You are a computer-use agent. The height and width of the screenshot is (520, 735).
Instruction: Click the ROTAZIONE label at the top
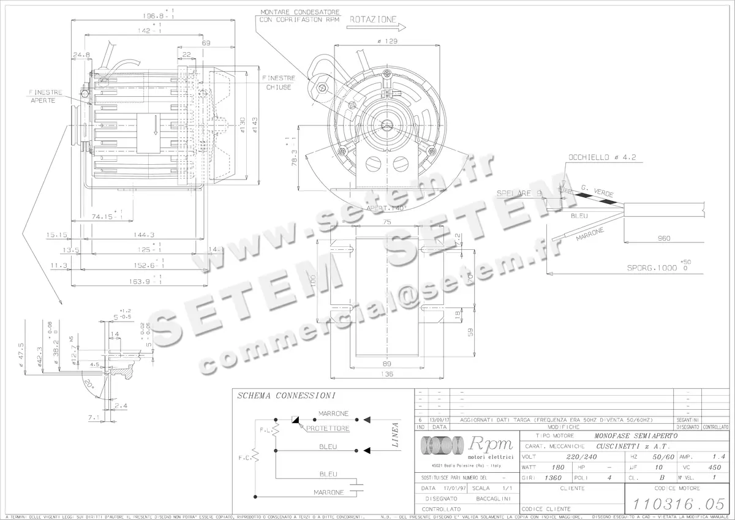(373, 20)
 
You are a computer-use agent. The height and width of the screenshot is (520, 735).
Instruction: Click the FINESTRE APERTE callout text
(47, 96)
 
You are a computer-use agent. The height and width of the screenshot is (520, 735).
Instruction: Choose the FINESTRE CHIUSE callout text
(279, 83)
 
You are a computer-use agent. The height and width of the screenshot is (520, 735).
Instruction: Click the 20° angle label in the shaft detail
(90, 385)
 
